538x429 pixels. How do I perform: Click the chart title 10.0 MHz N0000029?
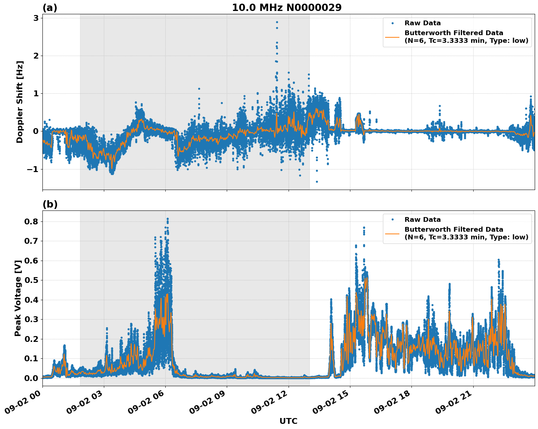coord(287,8)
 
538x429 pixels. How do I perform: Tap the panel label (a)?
coord(50,8)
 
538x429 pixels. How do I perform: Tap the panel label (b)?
coord(50,204)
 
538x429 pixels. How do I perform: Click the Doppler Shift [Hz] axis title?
coord(20,102)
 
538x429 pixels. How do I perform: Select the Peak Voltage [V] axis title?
coord(18,298)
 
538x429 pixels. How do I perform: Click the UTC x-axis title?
coord(288,421)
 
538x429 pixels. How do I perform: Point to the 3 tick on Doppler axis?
coord(36,18)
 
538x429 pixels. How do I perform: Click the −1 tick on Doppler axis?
coord(33,169)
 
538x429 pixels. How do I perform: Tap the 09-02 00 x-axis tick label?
coord(23,403)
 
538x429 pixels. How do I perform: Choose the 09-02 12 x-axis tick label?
coord(269,403)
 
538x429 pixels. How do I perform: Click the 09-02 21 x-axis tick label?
coord(454,403)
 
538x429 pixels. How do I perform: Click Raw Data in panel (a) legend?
coord(422,23)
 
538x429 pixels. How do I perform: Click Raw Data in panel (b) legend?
coord(422,220)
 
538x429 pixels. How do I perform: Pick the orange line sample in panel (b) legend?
coord(392,233)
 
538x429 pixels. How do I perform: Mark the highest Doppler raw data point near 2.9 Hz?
coord(277,22)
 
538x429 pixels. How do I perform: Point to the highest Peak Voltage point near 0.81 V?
coord(168,219)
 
